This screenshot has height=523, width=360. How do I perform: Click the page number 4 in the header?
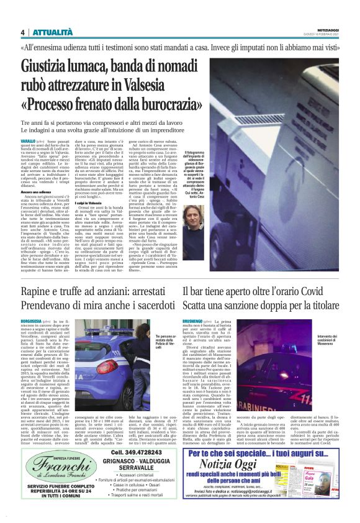(23, 32)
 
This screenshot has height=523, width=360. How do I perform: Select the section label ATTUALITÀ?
(53, 32)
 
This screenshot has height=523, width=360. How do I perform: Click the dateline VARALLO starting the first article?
(29, 142)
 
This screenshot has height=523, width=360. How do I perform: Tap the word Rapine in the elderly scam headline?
(40, 293)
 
